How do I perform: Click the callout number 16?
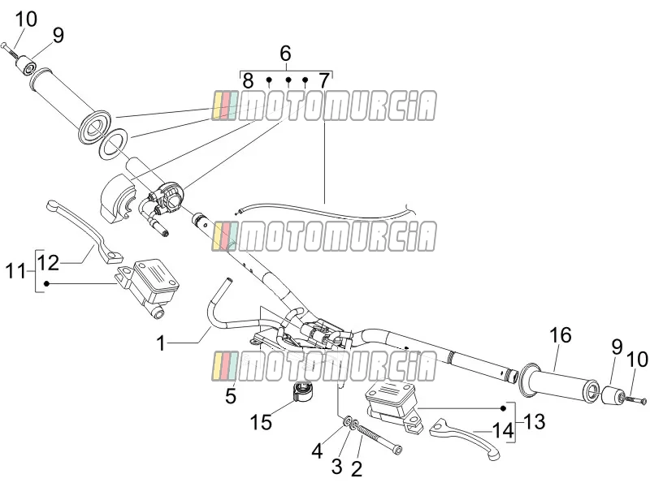tap(561, 335)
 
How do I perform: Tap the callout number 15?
tap(261, 423)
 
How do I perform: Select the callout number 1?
tap(161, 343)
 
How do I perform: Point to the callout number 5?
tap(231, 396)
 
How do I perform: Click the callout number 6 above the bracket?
tap(286, 54)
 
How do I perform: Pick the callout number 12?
tap(49, 262)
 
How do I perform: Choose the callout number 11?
tap(15, 272)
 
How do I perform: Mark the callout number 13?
tap(534, 421)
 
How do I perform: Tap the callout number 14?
tap(502, 431)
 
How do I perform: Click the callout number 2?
tap(357, 469)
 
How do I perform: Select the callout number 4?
tap(317, 451)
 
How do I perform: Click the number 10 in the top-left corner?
tap(27, 19)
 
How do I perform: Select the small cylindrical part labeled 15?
tap(302, 392)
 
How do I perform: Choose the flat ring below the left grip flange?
tap(113, 144)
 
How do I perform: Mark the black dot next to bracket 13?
tap(504, 408)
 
